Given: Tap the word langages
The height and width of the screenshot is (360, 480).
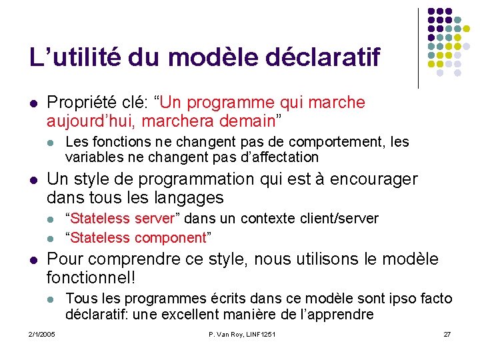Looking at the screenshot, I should coord(192,198).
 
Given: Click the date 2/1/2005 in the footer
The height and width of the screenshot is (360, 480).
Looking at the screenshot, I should coord(42,334).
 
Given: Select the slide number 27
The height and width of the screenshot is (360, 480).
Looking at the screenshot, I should coord(447,334).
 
